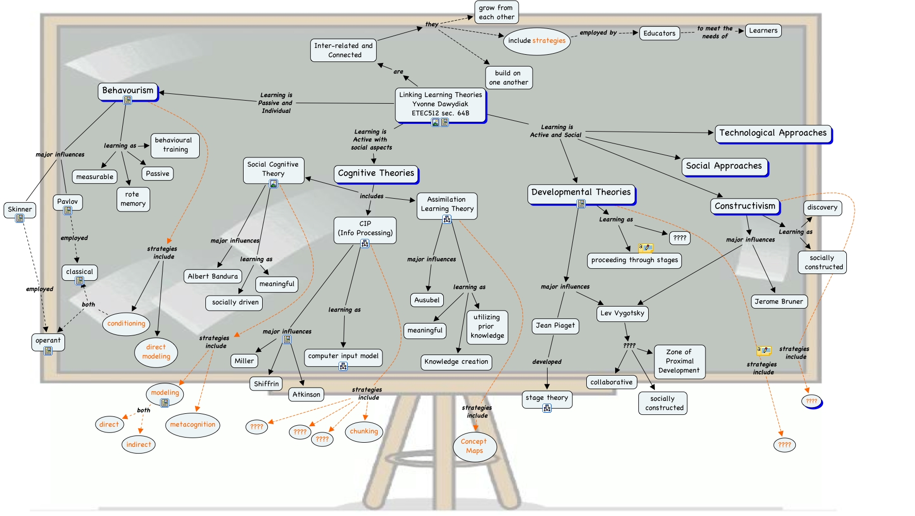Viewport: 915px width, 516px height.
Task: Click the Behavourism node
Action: [127, 91]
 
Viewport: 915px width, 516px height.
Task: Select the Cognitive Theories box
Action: [376, 173]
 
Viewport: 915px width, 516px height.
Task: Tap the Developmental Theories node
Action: [581, 192]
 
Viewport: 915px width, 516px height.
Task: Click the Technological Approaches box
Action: [773, 133]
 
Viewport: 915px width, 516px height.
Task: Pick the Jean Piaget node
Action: [555, 326]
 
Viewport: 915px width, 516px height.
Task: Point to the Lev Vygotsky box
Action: [622, 313]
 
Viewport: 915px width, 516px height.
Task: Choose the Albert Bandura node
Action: [213, 277]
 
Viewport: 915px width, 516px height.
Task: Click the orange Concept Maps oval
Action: [474, 446]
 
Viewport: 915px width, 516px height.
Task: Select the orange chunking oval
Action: [364, 431]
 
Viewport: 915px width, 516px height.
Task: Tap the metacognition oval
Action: [192, 425]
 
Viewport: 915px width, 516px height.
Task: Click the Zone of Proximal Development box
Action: [679, 361]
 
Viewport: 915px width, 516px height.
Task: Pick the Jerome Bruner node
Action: [778, 302]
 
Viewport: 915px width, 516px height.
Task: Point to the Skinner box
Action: [20, 209]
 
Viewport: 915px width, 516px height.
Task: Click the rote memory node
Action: [133, 199]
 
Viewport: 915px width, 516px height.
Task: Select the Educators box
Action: [659, 34]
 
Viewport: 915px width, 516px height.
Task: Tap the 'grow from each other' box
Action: [496, 12]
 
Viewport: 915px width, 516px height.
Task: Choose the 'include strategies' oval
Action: [537, 41]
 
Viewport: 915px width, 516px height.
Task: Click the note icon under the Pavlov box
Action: [68, 211]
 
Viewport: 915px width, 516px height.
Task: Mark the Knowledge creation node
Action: [456, 362]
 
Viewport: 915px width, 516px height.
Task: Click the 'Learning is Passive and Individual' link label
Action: [276, 103]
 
